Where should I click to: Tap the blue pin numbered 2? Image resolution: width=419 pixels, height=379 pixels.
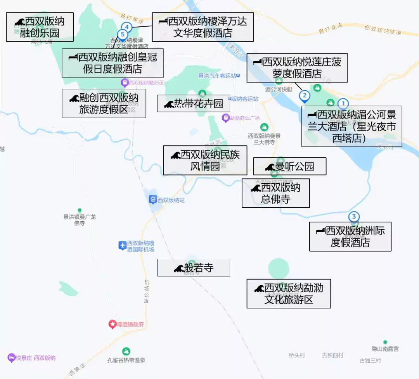pyautogui.click(x=305, y=96)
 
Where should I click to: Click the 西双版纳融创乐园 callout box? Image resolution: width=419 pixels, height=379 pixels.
pyautogui.click(x=40, y=27)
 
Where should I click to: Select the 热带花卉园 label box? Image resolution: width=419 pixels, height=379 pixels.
pyautogui.click(x=193, y=103)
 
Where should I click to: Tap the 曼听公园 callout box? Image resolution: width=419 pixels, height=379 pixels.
pyautogui.click(x=289, y=167)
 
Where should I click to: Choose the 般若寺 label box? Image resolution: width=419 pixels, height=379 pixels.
pyautogui.click(x=193, y=268)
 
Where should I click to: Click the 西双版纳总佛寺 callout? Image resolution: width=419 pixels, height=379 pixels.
pyautogui.click(x=275, y=193)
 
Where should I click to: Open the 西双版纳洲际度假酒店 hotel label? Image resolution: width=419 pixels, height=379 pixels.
pyautogui.click(x=350, y=236)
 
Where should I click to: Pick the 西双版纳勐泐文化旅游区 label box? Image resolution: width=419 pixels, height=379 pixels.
pyautogui.click(x=289, y=293)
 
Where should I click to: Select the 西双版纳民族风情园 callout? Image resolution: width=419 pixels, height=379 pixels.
pyautogui.click(x=205, y=160)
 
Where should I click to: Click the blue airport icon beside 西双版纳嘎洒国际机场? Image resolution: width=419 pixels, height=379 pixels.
pyautogui.click(x=122, y=245)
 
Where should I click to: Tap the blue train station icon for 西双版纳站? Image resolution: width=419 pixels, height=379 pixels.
pyautogui.click(x=153, y=200)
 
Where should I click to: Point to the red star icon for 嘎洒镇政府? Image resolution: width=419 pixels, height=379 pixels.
pyautogui.click(x=112, y=324)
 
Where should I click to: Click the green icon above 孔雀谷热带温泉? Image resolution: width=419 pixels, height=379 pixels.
pyautogui.click(x=126, y=351)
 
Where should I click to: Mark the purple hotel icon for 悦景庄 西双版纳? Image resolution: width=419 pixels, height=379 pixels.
pyautogui.click(x=12, y=358)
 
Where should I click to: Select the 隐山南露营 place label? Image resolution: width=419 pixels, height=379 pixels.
pyautogui.click(x=385, y=349)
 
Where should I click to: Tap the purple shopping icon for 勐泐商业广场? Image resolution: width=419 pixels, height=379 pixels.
pyautogui.click(x=225, y=117)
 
